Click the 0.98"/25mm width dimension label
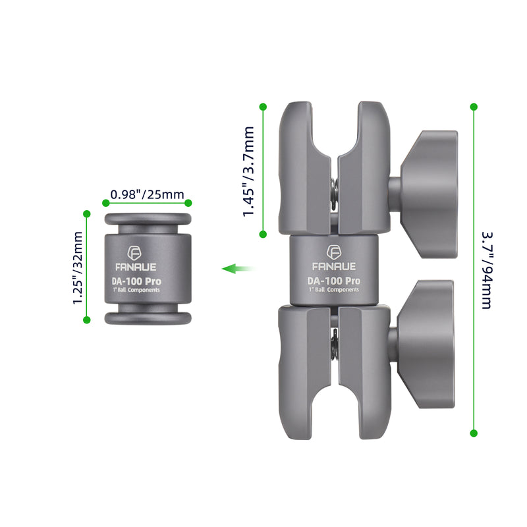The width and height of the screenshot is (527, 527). [147, 194]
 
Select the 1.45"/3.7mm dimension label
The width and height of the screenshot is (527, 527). [248, 172]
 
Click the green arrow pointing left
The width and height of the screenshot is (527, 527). [238, 269]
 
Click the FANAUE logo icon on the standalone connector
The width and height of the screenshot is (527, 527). [134, 254]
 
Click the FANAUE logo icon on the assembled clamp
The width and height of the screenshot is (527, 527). [335, 252]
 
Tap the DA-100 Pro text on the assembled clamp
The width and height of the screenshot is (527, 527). [334, 281]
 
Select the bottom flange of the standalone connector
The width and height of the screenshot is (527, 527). [148, 318]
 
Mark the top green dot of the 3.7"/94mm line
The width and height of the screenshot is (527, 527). [473, 106]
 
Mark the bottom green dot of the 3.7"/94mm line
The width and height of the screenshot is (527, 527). [473, 433]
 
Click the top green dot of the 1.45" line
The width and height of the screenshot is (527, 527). [263, 106]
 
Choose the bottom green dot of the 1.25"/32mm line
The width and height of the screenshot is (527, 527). [86, 320]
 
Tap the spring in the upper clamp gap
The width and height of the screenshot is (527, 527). [335, 191]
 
